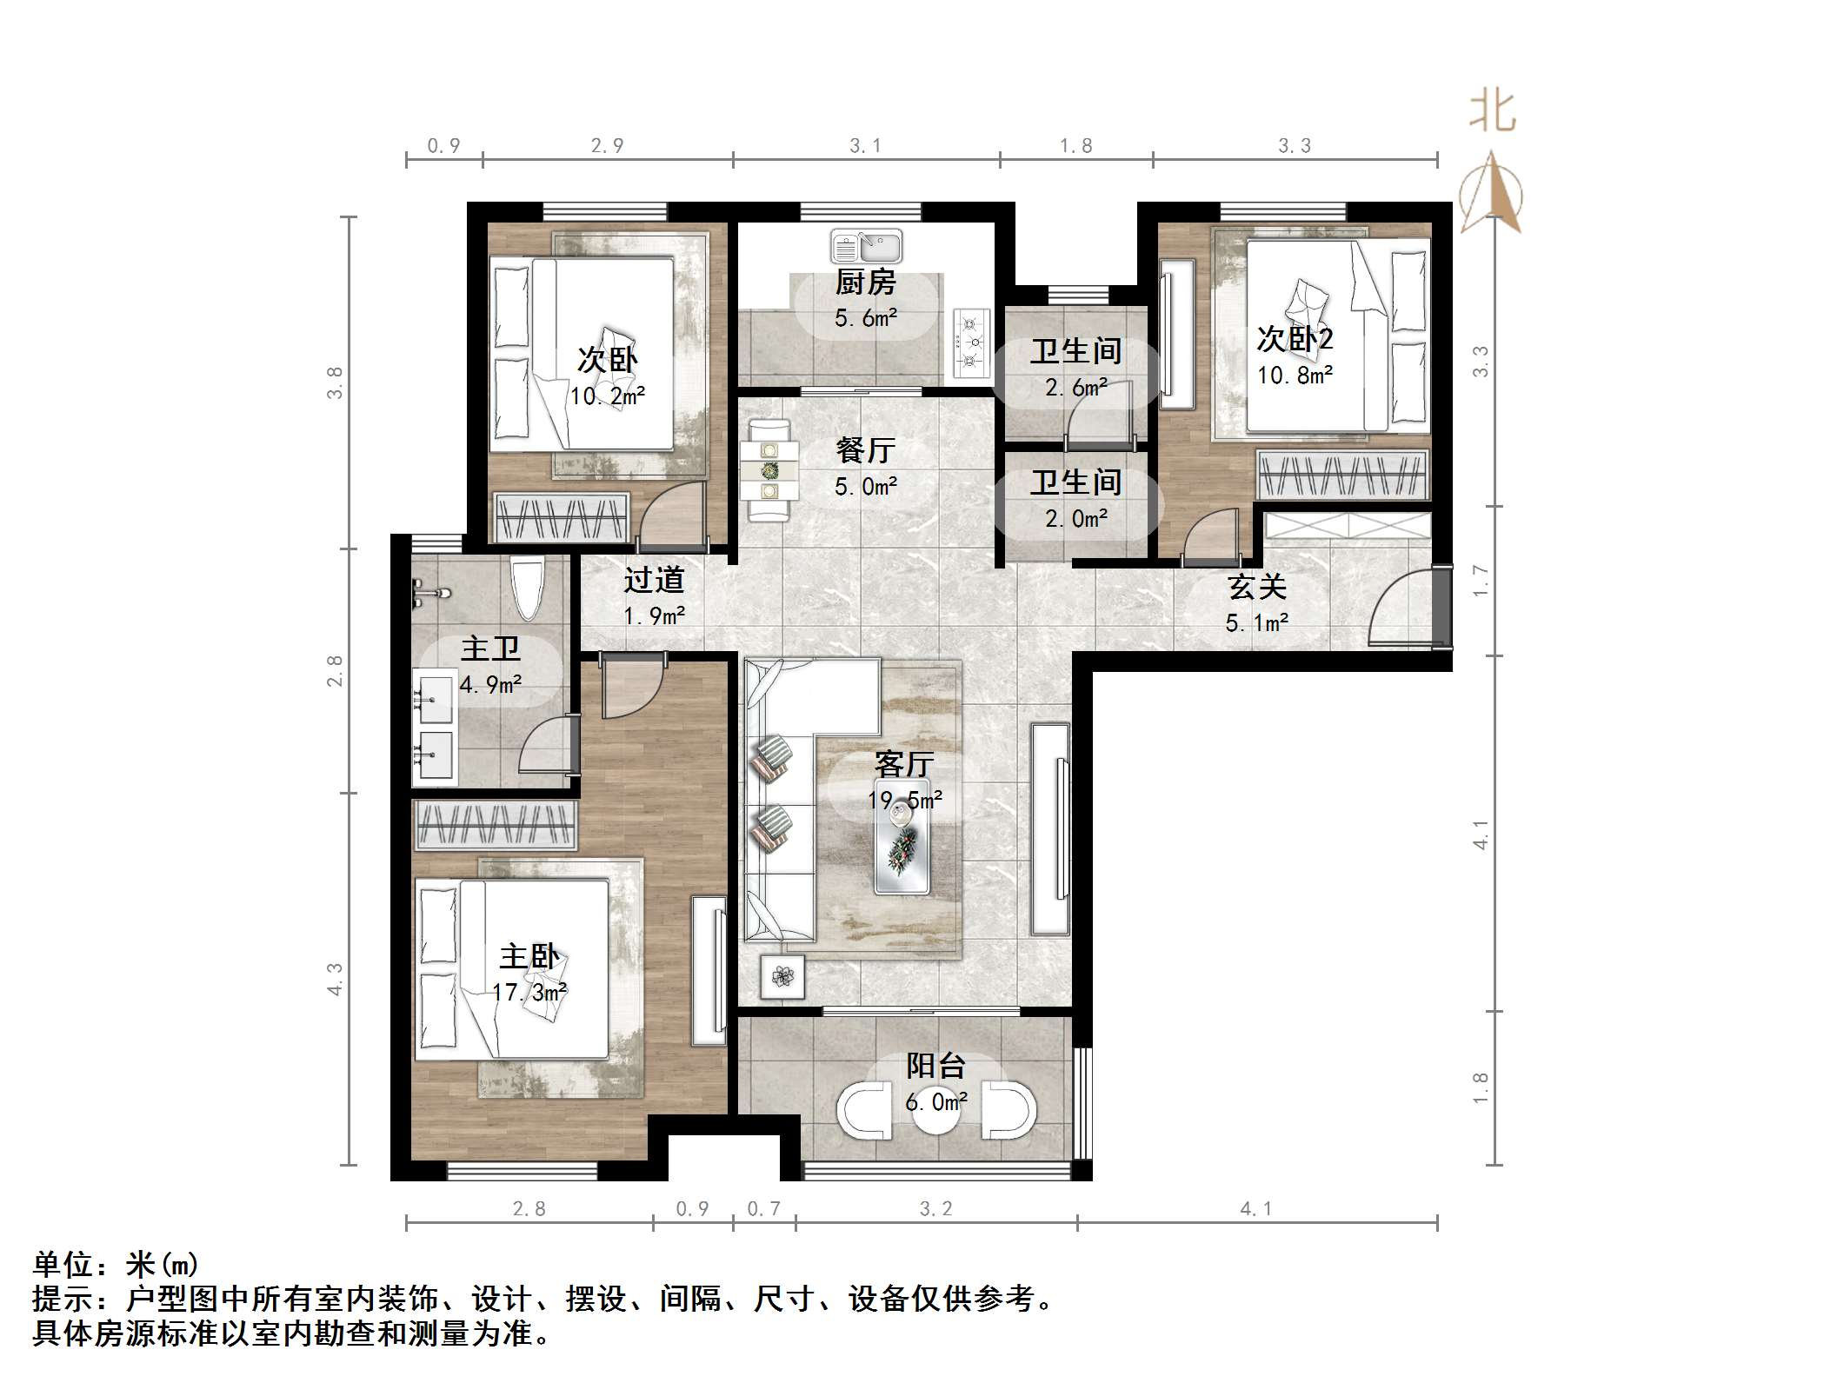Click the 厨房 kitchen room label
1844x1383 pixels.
pos(865,283)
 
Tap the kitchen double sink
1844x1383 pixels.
pos(866,247)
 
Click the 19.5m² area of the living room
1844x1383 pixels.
pos(905,800)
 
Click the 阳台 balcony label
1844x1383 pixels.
pos(935,1067)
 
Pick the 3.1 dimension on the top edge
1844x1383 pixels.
pos(865,146)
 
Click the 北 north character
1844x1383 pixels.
pos(1493,112)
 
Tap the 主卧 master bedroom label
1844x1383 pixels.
pos(529,957)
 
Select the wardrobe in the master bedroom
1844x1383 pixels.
pos(496,825)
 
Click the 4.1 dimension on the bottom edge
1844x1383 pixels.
pos(1255,1208)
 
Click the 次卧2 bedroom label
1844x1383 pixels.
pos(1295,339)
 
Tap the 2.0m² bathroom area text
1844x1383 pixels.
pos(1076,519)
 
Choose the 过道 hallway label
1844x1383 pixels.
pos(654,580)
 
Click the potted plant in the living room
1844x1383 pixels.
pos(782,976)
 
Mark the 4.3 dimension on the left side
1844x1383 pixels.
pos(335,979)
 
